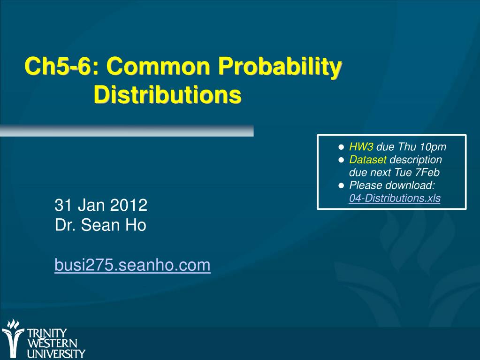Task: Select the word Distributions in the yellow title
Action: [168, 95]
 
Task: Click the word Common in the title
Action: [158, 66]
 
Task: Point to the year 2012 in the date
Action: [129, 205]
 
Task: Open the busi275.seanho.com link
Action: [132, 265]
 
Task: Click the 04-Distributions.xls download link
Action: [395, 198]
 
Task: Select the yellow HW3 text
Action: [361, 146]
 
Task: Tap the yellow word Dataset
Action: [368, 160]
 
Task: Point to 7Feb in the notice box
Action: [427, 172]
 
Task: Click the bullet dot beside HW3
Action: [341, 147]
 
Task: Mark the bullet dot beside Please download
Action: [341, 185]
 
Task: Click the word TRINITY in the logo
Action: [47, 333]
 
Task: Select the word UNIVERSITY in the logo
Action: [56, 353]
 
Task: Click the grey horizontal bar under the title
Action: [127, 130]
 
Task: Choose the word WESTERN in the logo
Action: [52, 343]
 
